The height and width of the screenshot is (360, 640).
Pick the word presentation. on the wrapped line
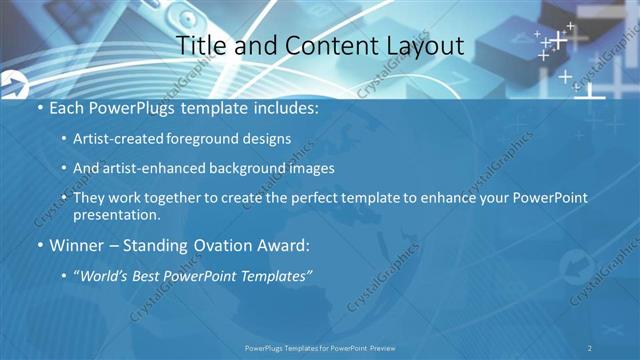[x=116, y=214]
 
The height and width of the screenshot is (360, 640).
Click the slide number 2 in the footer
[x=590, y=347]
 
